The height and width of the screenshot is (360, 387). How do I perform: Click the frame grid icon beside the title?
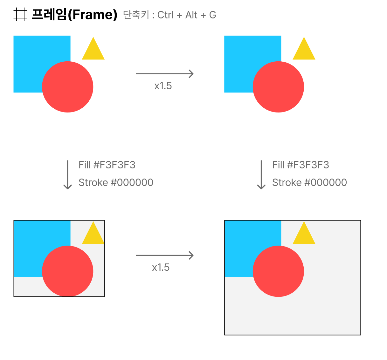pos(20,15)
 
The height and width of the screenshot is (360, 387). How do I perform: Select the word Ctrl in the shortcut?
pos(165,15)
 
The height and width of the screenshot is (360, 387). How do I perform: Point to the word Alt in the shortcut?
pos(191,15)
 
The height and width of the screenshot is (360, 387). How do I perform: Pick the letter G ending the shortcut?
pos(213,15)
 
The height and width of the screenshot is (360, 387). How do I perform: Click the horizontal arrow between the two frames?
pos(165,255)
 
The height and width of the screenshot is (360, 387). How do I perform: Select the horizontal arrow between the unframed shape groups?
pos(165,74)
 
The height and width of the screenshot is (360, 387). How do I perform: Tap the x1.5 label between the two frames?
pos(161,268)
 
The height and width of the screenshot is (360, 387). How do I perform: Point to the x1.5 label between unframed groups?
pos(163,86)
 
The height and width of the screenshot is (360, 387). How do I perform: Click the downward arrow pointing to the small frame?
pos(67,175)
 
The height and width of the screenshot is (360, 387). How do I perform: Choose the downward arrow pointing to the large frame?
pos(261,175)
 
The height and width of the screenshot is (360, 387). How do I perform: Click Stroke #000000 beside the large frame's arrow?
pos(309,182)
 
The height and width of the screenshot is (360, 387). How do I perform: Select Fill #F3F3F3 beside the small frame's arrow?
pos(107,165)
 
